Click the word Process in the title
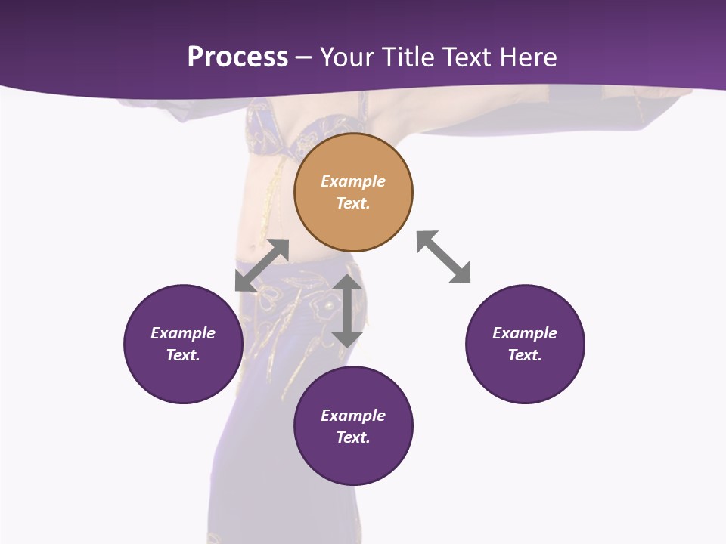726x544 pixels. tap(237, 57)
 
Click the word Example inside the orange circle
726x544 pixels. tap(353, 181)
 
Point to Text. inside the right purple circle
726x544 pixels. tap(525, 355)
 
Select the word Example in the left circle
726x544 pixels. tap(183, 333)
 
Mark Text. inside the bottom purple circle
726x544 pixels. tap(353, 437)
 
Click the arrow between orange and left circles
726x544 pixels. tap(262, 265)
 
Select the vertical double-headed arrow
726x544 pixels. tap(347, 311)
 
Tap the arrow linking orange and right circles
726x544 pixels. tap(444, 258)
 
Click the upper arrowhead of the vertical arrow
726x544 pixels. tap(347, 283)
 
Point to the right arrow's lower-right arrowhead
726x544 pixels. tap(461, 274)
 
